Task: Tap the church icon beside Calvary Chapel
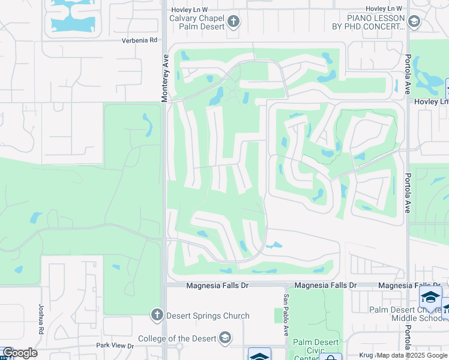coord(234,23)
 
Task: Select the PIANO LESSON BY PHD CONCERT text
coord(369,22)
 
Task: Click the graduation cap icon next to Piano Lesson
coord(413,22)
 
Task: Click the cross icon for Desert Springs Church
coord(157,314)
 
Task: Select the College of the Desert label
coord(177,338)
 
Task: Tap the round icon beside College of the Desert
coord(224,338)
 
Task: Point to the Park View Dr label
coord(115,346)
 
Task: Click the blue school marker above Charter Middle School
coord(430,298)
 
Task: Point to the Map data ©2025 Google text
coord(412,355)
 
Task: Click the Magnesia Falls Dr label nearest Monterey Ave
coord(217,286)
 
